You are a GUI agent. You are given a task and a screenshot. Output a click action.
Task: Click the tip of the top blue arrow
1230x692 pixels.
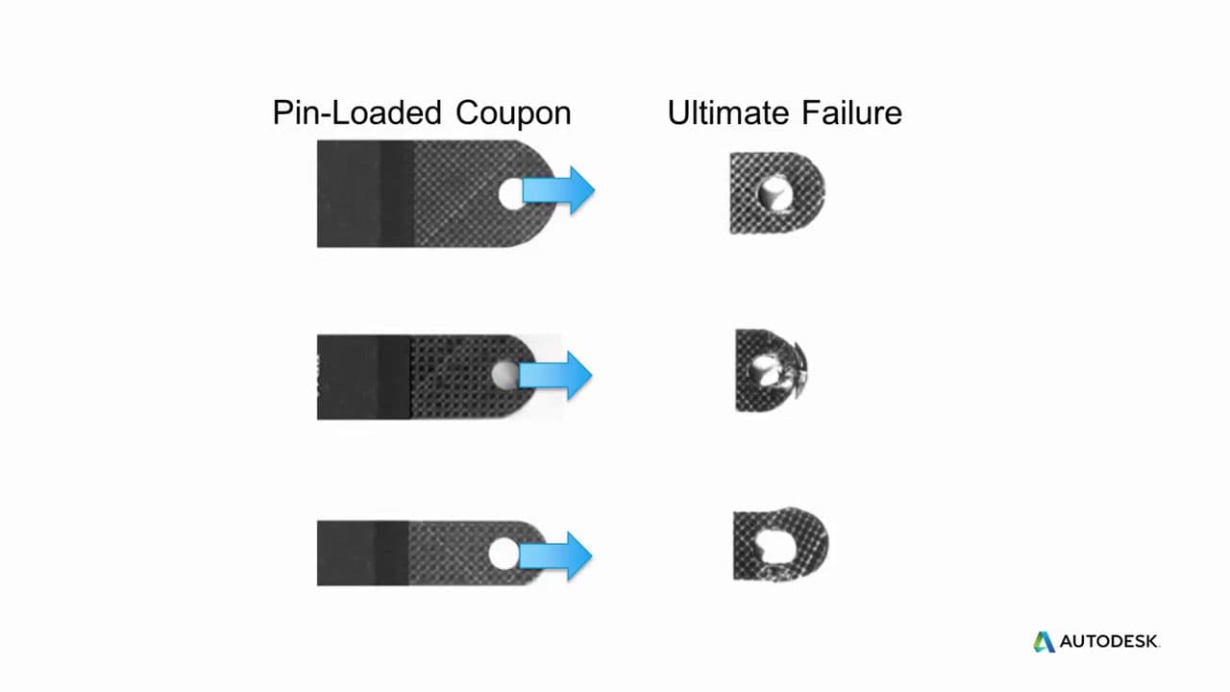[595, 190]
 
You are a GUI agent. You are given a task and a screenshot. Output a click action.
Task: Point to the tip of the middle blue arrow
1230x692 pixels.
[593, 375]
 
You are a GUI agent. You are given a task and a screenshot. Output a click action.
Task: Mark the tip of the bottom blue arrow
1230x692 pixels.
[593, 556]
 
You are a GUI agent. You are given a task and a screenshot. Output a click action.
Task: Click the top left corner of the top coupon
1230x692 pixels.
[317, 140]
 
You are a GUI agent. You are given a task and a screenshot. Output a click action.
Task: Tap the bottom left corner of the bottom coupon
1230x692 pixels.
[317, 585]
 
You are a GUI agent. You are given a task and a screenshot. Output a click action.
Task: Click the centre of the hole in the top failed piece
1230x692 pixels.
[775, 194]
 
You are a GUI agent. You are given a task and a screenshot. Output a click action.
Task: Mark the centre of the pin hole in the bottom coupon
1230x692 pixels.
[504, 554]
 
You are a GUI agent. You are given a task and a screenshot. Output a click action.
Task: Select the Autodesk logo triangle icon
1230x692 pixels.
[1044, 642]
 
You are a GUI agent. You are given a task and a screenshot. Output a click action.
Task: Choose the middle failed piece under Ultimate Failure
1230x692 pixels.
[772, 370]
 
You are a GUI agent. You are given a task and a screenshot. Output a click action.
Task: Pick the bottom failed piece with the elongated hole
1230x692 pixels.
[781, 544]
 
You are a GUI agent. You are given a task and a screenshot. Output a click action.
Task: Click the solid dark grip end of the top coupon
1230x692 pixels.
[365, 194]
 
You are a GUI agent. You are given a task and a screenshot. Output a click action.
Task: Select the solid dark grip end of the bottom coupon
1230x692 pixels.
[363, 553]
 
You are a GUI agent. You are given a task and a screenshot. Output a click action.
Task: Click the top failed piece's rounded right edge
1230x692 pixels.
[822, 192]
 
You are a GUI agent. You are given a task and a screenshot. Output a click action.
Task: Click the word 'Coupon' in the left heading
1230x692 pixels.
[513, 113]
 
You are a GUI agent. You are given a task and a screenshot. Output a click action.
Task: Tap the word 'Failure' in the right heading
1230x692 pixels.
[851, 112]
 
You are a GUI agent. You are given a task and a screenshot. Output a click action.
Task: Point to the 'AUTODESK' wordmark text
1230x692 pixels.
[1109, 641]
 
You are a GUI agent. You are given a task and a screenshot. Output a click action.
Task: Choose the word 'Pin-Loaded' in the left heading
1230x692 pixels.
[357, 112]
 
